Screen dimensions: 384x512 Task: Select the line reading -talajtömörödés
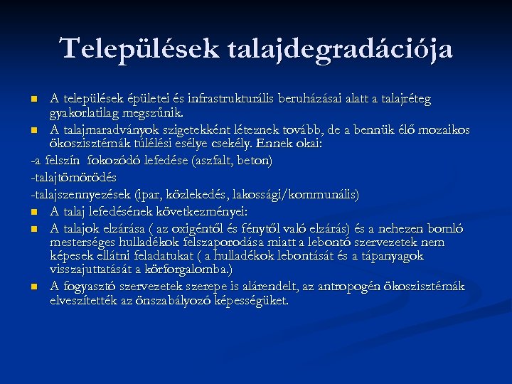coord(74,177)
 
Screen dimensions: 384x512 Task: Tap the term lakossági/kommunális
coord(309,193)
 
